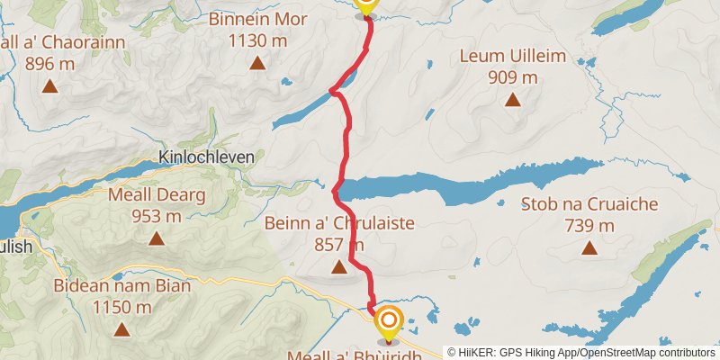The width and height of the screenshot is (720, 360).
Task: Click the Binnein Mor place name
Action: point(257,18)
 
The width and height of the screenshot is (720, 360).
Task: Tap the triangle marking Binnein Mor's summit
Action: point(258,63)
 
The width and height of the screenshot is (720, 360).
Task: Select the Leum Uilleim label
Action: point(513,57)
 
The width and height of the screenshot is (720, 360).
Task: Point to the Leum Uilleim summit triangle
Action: point(513,100)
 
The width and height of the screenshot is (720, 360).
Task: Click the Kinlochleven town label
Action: point(206,157)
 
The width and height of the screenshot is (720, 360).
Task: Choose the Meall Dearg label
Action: point(157,195)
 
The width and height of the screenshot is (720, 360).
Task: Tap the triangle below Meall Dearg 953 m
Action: point(157,238)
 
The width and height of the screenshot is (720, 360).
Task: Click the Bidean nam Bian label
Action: point(121,286)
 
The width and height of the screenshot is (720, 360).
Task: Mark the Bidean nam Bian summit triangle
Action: point(121,330)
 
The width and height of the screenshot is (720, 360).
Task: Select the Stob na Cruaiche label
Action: point(589,205)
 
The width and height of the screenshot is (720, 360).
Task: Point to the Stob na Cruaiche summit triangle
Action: point(589,247)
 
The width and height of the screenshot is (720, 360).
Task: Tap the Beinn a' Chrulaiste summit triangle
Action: point(339,266)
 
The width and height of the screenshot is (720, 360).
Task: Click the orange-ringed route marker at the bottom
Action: point(389,321)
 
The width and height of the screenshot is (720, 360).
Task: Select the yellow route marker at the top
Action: point(366,5)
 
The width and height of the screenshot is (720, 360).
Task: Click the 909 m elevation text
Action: point(513,77)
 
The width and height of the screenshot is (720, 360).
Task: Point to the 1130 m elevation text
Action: point(257,40)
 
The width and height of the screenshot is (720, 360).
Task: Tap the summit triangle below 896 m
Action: point(49,87)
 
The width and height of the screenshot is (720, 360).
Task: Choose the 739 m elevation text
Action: point(589,225)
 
